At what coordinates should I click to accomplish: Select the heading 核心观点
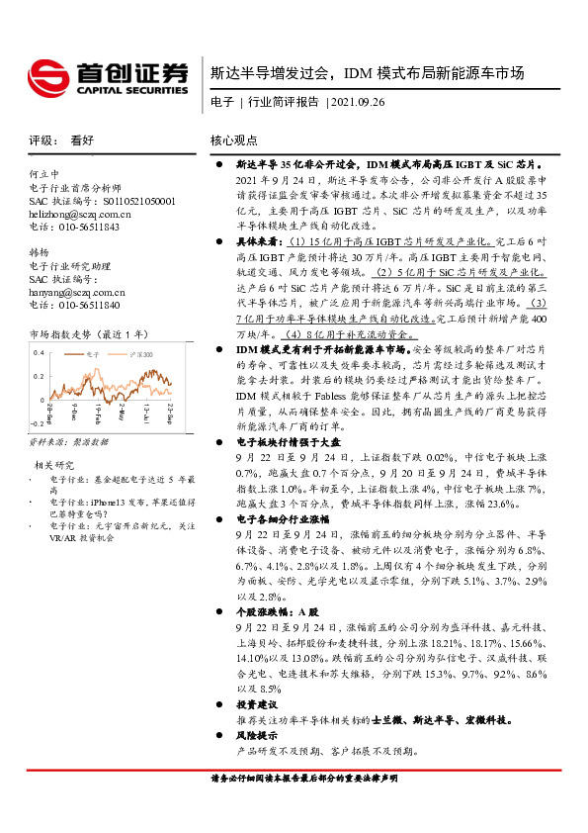coord(234,140)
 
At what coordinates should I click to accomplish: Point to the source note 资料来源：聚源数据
coord(68,441)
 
